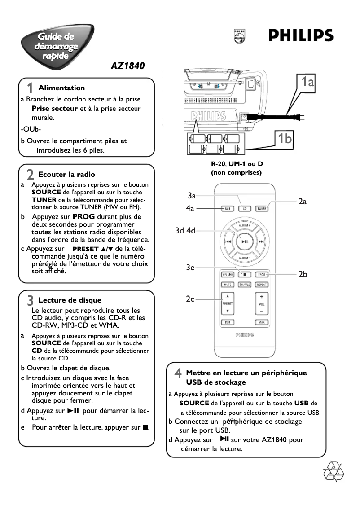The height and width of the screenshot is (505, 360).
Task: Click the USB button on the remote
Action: tap(228, 208)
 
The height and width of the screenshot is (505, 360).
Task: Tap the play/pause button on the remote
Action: tap(245, 242)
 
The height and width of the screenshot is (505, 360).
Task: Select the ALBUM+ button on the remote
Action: tap(245, 224)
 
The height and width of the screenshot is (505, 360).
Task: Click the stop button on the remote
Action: tap(245, 274)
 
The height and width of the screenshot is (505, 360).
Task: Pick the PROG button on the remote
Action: tap(262, 274)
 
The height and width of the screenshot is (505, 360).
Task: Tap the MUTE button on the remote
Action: tap(228, 285)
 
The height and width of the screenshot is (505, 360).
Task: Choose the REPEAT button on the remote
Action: tap(262, 285)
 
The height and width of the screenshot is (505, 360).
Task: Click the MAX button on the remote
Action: tap(262, 322)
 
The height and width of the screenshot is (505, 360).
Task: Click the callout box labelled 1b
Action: tap(284, 139)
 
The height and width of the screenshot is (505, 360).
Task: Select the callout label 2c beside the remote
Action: tap(190, 299)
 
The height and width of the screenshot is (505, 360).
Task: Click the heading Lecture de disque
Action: tap(70, 300)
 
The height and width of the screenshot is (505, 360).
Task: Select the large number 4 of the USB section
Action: tap(178, 373)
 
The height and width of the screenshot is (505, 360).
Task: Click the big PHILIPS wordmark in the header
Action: tap(301, 36)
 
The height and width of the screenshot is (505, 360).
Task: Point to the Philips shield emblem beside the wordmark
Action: tap(239, 36)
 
